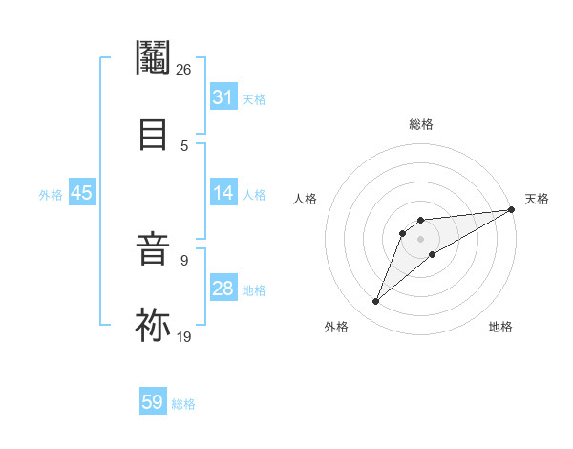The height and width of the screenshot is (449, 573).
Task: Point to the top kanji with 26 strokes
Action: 153,59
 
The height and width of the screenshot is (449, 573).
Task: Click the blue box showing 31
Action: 223,97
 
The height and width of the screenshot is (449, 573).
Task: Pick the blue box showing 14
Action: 223,193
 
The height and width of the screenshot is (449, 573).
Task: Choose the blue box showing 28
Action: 223,289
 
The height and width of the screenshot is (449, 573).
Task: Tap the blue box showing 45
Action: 81,193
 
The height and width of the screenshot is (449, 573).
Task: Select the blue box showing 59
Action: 152,402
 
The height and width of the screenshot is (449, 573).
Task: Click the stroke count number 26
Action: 183,69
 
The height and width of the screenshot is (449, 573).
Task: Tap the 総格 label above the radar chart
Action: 420,124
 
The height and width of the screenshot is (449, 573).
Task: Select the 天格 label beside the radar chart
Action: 537,199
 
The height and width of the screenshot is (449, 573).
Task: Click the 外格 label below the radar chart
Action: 336,327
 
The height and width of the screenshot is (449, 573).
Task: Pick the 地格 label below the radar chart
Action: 500,327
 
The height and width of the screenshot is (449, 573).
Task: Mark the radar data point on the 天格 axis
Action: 511,209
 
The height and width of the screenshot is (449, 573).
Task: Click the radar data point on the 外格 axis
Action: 376,302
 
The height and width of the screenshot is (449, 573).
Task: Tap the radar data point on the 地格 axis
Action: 433,254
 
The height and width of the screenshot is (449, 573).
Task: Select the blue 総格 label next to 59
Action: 183,404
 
